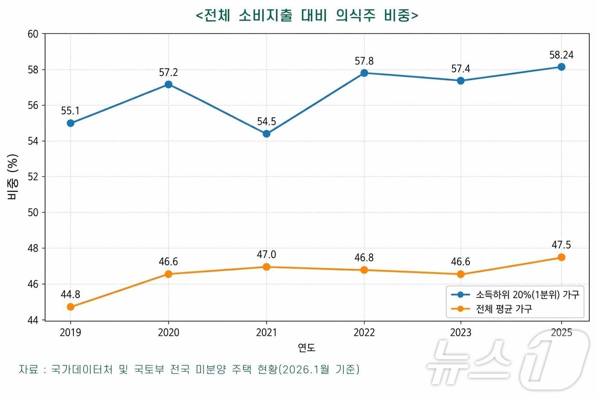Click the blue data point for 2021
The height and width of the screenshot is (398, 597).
click(x=267, y=134)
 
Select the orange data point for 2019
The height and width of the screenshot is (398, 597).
click(x=71, y=307)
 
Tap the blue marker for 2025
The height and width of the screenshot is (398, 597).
click(x=561, y=67)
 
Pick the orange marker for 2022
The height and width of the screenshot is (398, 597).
click(x=364, y=270)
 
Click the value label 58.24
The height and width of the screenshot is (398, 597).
click(x=561, y=55)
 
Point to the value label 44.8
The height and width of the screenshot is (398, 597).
click(x=70, y=295)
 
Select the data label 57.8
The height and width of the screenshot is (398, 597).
click(x=364, y=61)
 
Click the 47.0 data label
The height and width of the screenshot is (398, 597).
click(x=267, y=255)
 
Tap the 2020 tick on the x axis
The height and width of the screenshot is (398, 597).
click(x=168, y=333)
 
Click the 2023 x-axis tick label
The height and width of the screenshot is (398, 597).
click(x=461, y=333)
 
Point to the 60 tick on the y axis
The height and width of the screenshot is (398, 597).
click(x=33, y=34)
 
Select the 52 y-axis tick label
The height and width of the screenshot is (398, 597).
click(x=33, y=177)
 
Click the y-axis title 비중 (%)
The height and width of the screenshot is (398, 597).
click(x=13, y=177)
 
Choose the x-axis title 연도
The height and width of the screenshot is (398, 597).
click(x=307, y=348)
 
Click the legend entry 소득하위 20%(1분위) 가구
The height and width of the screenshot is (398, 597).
click(x=527, y=295)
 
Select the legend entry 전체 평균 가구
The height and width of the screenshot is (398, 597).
click(x=504, y=309)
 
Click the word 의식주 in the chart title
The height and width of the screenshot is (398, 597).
click(x=355, y=15)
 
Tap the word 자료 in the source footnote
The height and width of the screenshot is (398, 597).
click(x=29, y=369)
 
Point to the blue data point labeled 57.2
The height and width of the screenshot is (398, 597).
click(x=168, y=84)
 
